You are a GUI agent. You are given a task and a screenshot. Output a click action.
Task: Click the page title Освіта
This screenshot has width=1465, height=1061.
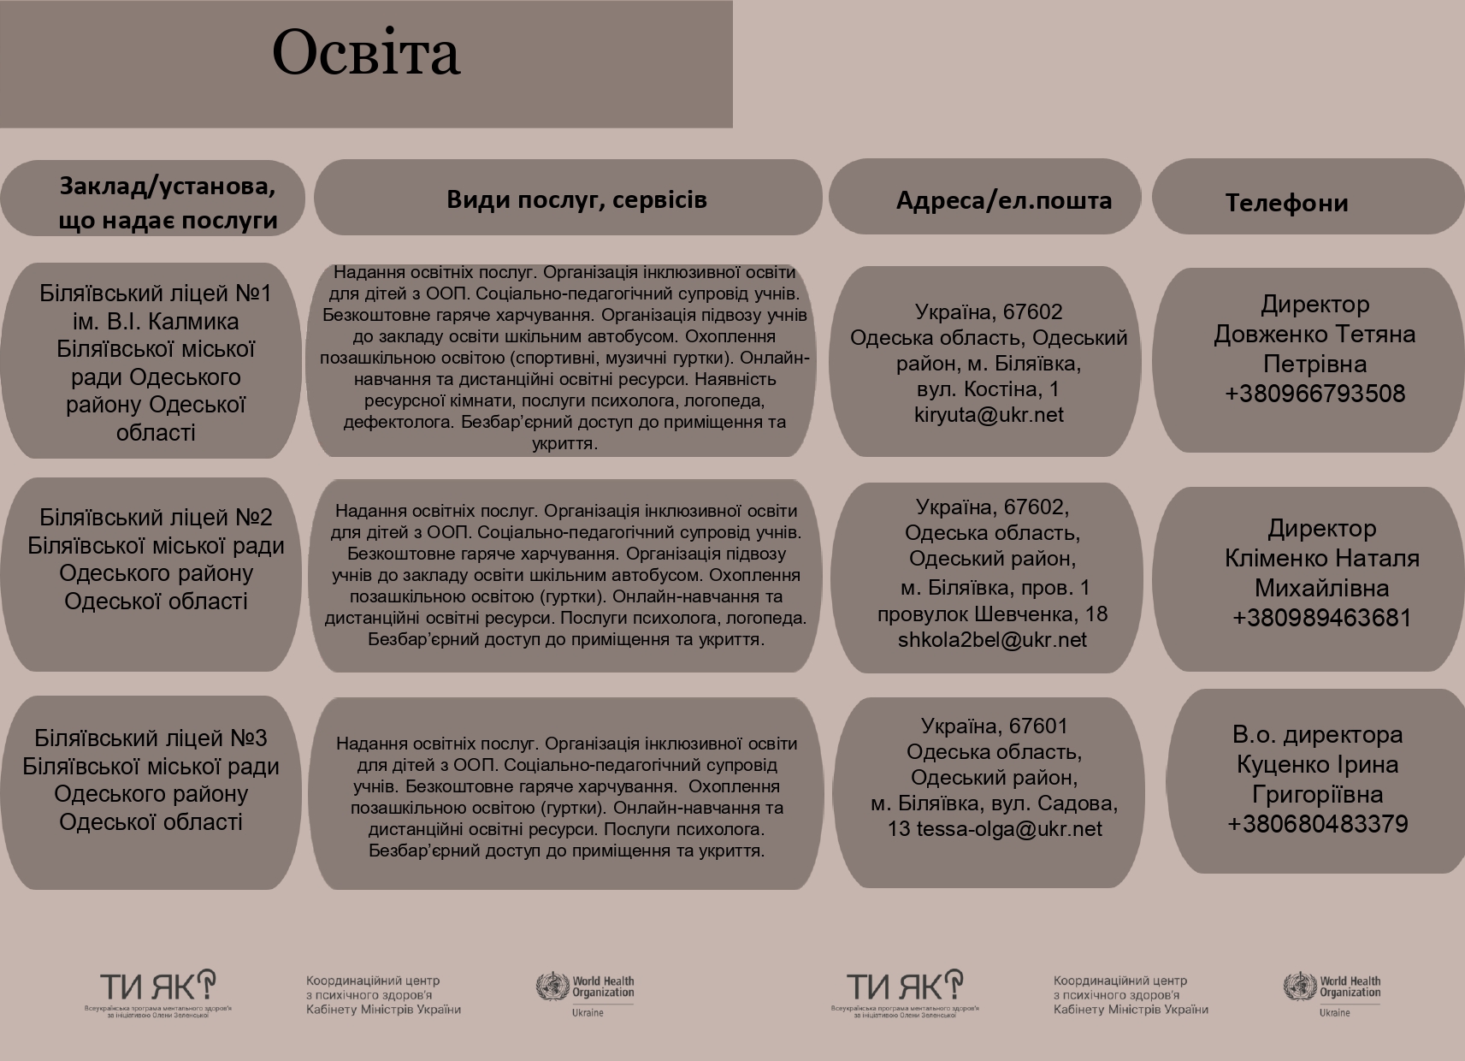pyautogui.click(x=366, y=53)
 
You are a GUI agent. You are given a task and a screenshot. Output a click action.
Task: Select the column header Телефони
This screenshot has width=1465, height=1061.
pyautogui.click(x=1286, y=203)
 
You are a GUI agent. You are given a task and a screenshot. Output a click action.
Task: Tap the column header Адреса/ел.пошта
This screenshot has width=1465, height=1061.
pyautogui.click(x=1003, y=200)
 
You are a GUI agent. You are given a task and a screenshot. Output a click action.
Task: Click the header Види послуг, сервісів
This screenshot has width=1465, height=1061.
pyautogui.click(x=576, y=199)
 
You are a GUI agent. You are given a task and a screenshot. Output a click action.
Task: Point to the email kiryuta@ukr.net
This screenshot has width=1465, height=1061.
pyautogui.click(x=989, y=415)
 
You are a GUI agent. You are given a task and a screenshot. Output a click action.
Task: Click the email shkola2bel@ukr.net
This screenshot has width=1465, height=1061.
pyautogui.click(x=992, y=640)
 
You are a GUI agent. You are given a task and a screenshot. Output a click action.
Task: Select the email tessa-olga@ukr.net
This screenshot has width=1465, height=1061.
pyautogui.click(x=1009, y=829)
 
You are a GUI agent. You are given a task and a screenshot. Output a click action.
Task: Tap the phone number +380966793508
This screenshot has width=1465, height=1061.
pyautogui.click(x=1315, y=394)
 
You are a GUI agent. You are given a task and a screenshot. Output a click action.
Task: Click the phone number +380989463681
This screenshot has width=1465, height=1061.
pyautogui.click(x=1321, y=618)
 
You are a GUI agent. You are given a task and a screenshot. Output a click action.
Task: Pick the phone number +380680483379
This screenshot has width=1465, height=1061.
pyautogui.click(x=1318, y=824)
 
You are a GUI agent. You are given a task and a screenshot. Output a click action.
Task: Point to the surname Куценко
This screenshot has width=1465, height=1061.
pyautogui.click(x=1275, y=764)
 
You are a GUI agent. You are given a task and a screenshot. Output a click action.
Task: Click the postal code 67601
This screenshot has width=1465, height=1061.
pyautogui.click(x=1038, y=726)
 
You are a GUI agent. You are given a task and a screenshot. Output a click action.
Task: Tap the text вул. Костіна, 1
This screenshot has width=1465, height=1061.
pyautogui.click(x=988, y=389)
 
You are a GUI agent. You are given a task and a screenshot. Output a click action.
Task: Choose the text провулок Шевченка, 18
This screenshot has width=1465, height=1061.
pyautogui.click(x=992, y=614)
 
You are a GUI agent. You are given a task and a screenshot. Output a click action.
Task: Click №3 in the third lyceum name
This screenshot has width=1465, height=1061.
pyautogui.click(x=249, y=738)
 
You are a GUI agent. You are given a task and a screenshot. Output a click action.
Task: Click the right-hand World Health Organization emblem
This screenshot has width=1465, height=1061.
pyautogui.click(x=1299, y=987)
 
